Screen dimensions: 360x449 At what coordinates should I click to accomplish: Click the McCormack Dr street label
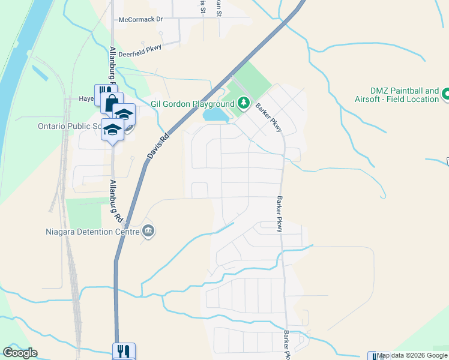click(x=141, y=19)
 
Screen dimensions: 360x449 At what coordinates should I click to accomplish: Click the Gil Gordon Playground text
click(x=192, y=104)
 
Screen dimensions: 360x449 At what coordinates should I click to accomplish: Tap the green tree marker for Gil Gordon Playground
click(x=243, y=103)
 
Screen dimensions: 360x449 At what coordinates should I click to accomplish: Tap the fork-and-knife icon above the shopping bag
click(x=102, y=93)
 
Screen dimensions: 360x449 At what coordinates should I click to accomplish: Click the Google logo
click(x=20, y=353)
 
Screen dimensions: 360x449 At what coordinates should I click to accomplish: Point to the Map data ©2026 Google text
click(x=412, y=355)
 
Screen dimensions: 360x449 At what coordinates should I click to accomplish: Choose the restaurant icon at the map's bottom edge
click(x=124, y=351)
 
